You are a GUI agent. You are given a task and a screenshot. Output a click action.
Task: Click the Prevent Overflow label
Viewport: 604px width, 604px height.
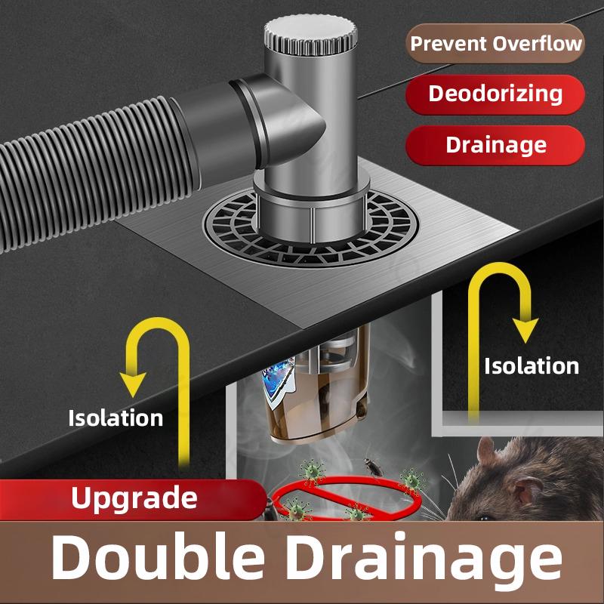496,43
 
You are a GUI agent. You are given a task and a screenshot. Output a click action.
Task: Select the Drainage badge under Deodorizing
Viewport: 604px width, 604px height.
496,144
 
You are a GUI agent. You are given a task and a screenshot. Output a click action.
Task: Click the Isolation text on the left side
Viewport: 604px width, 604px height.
116,417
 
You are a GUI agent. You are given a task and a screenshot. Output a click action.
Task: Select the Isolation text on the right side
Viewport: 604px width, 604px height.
532,366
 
